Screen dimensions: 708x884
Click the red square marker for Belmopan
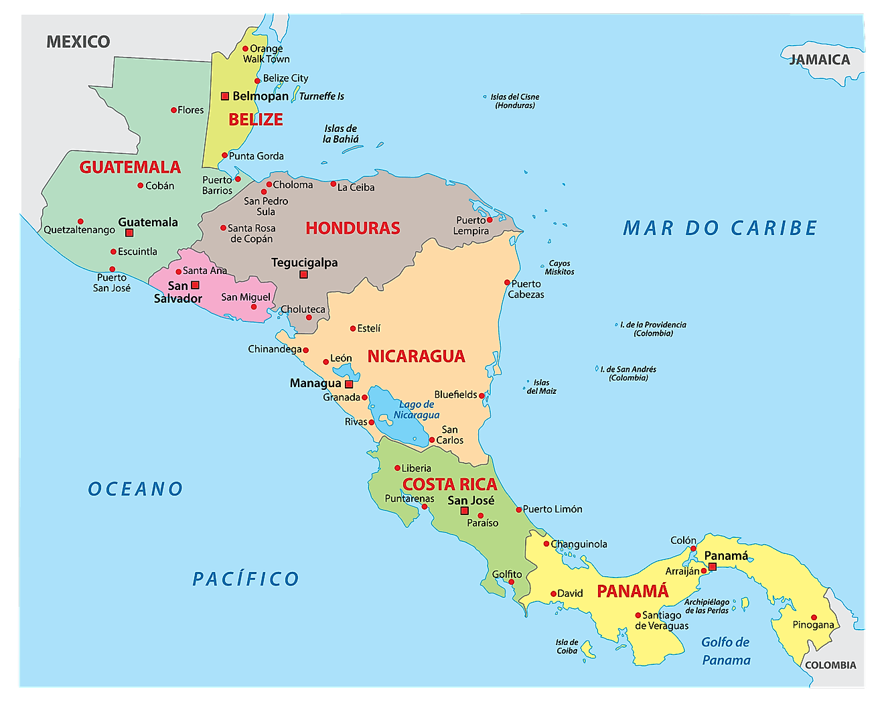[225, 96]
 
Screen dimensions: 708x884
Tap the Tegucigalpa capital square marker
[303, 275]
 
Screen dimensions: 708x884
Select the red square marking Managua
[349, 384]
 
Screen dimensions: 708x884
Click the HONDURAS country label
[353, 228]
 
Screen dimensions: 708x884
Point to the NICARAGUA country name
[416, 356]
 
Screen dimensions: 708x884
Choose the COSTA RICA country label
[449, 484]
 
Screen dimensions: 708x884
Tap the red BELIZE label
[256, 120]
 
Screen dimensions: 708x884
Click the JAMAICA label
[819, 60]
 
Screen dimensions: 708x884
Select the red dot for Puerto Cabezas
[507, 283]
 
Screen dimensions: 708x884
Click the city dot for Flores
[173, 110]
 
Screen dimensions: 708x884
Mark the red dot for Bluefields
[482, 396]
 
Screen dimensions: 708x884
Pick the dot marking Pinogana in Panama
[814, 618]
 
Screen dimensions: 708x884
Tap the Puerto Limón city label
[552, 509]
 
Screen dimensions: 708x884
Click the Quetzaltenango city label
[80, 230]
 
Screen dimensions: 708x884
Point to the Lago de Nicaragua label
[417, 409]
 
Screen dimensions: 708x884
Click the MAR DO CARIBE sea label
[720, 228]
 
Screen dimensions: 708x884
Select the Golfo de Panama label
[726, 651]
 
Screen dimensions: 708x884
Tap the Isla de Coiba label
[567, 646]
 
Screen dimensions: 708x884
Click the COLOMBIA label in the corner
[830, 665]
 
